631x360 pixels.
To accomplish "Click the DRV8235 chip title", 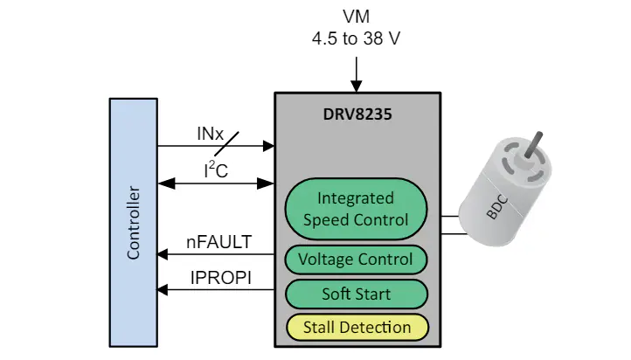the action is coord(357,114).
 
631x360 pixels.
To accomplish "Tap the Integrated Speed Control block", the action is coord(357,209).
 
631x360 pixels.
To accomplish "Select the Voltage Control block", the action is coord(357,260).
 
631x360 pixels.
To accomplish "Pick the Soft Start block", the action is coord(357,294).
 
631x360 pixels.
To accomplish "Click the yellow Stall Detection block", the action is coord(357,328).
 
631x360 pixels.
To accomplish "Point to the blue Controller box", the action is coord(134,223).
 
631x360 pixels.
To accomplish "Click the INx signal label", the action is coord(210,134).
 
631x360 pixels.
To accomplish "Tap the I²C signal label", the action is coord(216,170).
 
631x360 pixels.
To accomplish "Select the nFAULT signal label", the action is coord(218,242).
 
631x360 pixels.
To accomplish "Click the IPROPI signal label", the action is coord(221,278).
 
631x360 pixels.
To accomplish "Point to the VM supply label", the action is coord(357,17).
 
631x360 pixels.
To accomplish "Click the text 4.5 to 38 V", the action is coord(357,38).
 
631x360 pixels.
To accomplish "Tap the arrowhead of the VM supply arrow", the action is coord(357,87).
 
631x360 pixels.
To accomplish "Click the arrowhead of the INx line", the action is coord(269,146).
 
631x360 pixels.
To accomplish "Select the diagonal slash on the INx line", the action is coord(226,143).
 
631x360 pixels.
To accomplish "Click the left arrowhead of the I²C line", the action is coord(167,183).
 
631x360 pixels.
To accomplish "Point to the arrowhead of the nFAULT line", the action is coord(163,254).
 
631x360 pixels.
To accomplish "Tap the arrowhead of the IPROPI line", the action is coord(163,289).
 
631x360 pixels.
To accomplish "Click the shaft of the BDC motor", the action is coord(534,144).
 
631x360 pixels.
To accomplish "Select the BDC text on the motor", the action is coord(498,207).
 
